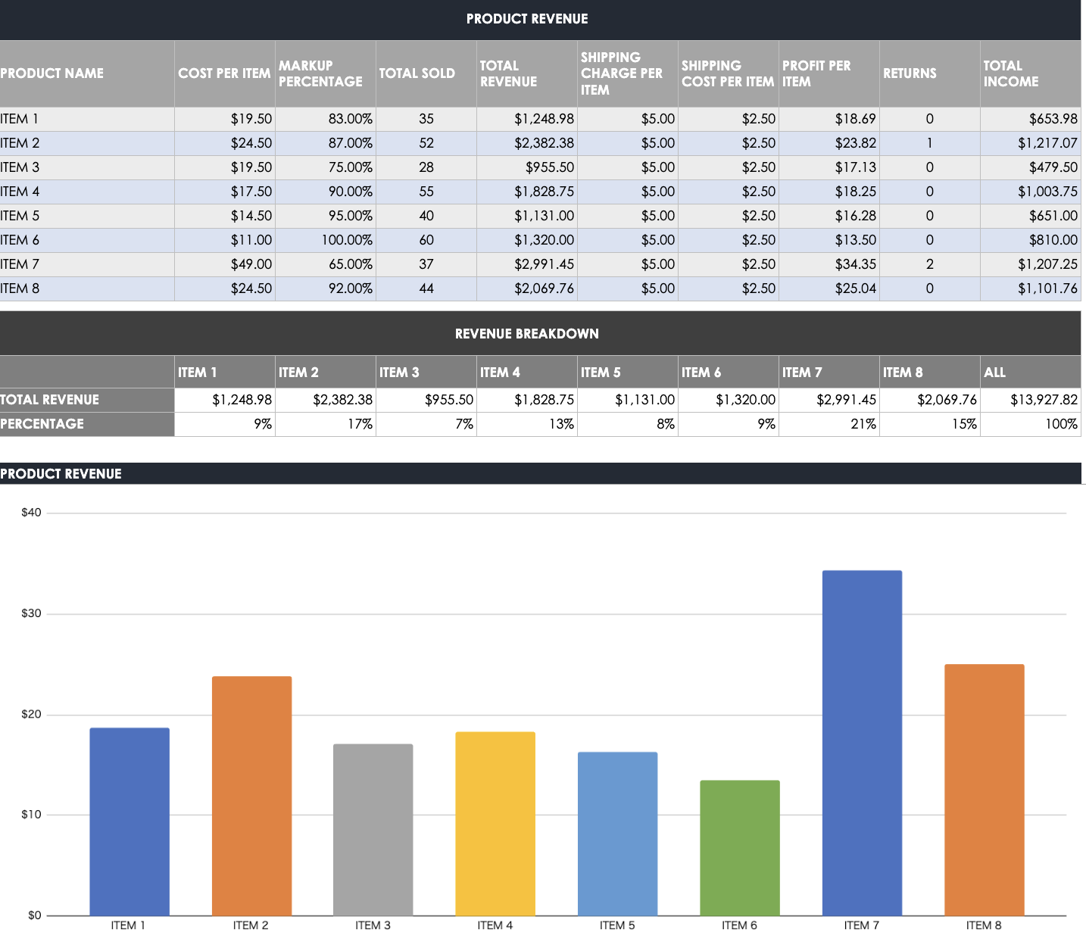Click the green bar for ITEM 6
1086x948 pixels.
click(x=739, y=847)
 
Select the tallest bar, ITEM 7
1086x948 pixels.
click(x=862, y=742)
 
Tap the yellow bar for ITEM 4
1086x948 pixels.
click(x=495, y=823)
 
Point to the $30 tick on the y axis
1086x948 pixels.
click(x=31, y=613)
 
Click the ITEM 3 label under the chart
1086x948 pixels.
click(x=373, y=925)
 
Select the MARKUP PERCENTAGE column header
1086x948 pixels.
click(x=320, y=73)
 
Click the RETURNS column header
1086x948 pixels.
click(x=910, y=73)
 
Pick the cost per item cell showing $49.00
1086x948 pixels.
click(x=251, y=264)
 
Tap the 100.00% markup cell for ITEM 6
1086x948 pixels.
click(x=347, y=240)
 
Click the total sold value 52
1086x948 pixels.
click(x=426, y=143)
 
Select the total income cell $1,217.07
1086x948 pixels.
click(x=1047, y=143)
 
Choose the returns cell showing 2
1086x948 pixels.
click(x=929, y=264)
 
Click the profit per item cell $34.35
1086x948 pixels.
click(x=855, y=264)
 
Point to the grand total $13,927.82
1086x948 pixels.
click(x=1044, y=400)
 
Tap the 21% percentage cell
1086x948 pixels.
click(x=863, y=424)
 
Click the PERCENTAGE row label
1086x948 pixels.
click(x=42, y=424)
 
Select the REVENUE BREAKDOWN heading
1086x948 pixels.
click(x=527, y=334)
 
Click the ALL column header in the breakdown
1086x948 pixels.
click(x=994, y=373)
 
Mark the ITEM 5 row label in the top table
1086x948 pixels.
click(x=20, y=216)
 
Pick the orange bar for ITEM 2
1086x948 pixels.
click(x=251, y=795)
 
